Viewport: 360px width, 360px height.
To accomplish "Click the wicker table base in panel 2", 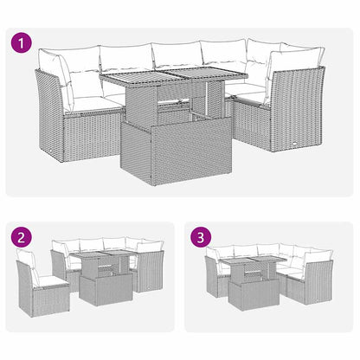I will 105,288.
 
